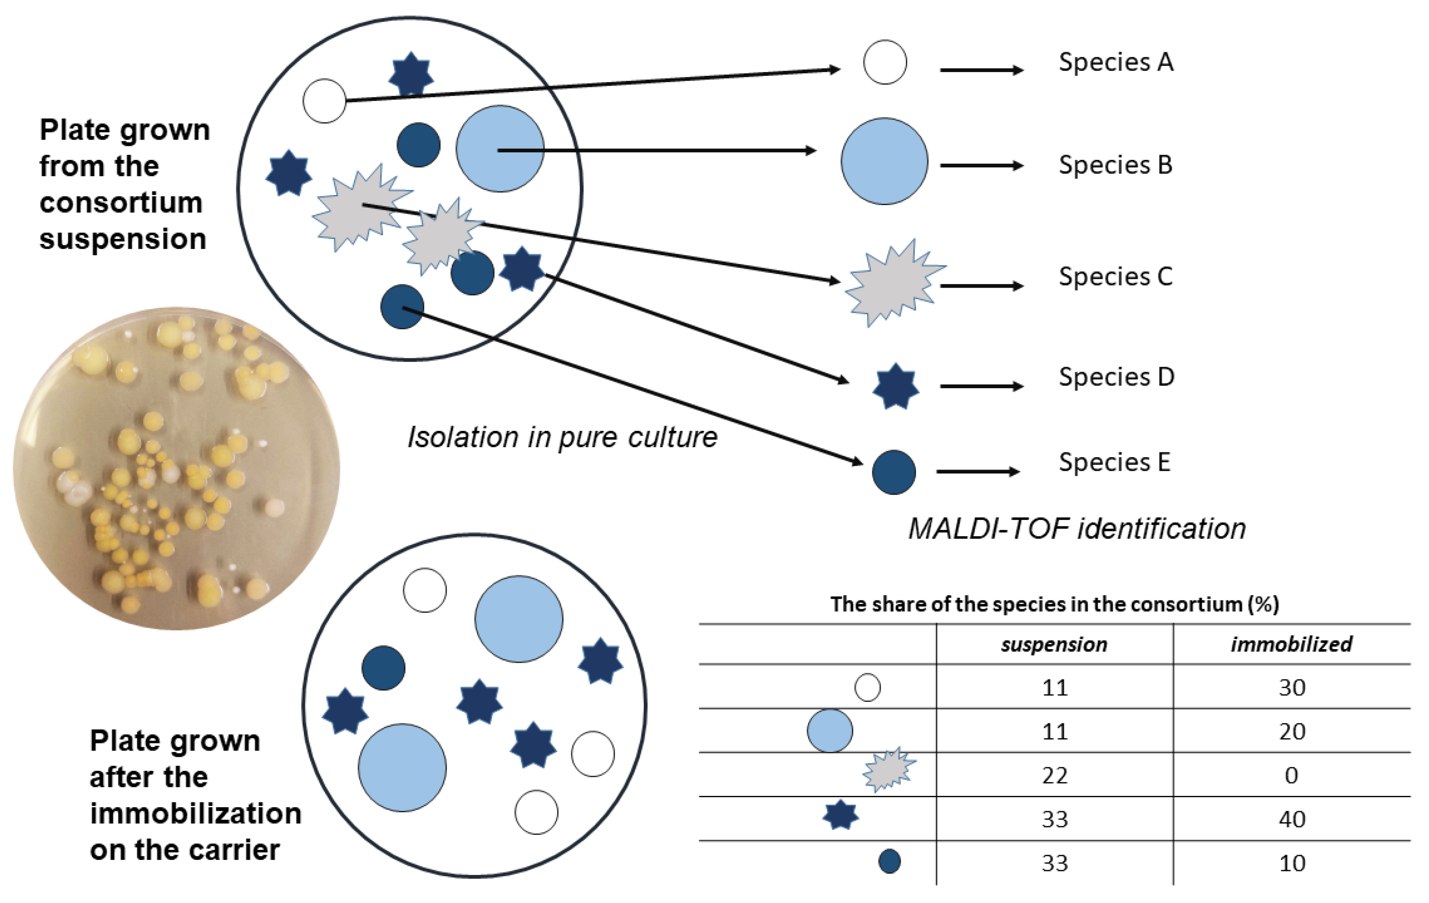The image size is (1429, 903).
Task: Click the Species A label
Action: coord(1115,62)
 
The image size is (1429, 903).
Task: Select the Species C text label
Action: coord(1115,277)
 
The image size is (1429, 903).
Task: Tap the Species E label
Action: coord(1115,462)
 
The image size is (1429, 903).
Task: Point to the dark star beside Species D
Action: coord(895,386)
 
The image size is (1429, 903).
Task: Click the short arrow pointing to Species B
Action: coord(982,165)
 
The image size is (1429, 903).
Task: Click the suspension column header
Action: coord(1054,644)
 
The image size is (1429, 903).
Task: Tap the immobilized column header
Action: coord(1291,644)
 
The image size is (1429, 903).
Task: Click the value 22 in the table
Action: coord(1054,775)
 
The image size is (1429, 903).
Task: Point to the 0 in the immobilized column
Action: coord(1291,775)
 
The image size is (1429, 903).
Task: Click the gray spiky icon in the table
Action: coord(888,770)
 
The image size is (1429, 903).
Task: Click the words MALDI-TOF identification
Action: coord(1077,528)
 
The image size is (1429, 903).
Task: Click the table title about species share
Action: coord(1054,604)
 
